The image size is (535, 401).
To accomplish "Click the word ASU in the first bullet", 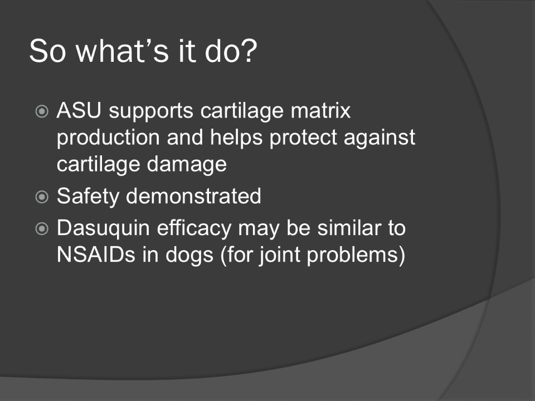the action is (x=79, y=110).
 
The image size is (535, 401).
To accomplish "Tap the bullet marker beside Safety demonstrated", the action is (x=42, y=197).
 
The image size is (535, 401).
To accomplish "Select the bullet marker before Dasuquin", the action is (x=42, y=228).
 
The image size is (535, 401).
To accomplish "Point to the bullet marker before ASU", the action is (x=42, y=111).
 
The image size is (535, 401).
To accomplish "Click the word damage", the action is (x=187, y=165).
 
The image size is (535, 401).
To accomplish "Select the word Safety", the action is (x=87, y=197).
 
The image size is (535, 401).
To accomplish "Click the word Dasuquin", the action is (x=103, y=228).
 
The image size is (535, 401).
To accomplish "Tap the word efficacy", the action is (x=194, y=228).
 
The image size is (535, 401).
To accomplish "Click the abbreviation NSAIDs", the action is (x=96, y=255).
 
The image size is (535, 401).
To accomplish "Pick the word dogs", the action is (x=189, y=256).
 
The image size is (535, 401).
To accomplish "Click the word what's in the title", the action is (x=122, y=51).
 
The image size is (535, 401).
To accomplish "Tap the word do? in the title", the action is (x=231, y=51).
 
